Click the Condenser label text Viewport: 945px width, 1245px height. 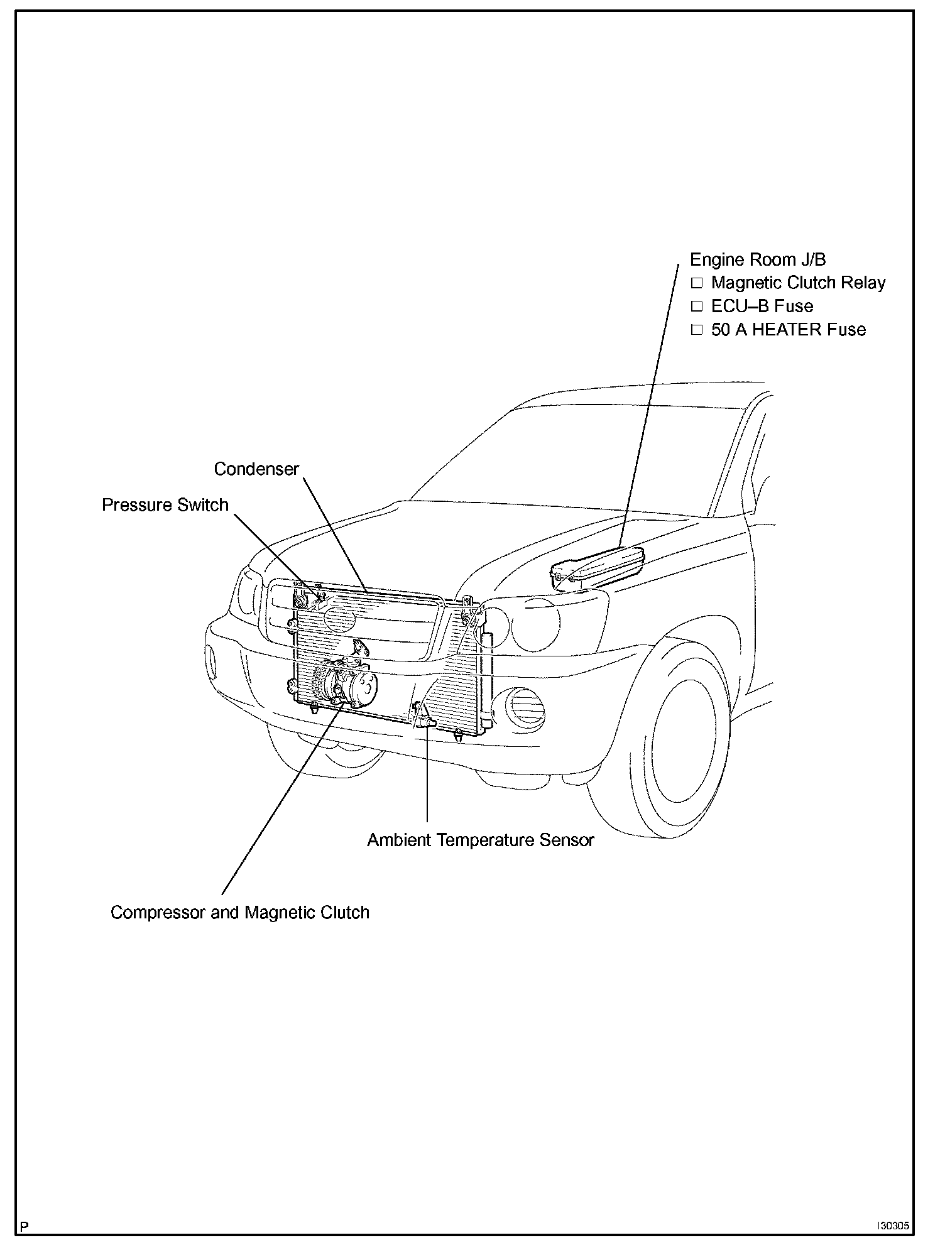[x=256, y=469]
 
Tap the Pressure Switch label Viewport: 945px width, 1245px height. [x=165, y=505]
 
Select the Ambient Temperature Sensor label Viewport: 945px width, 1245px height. [x=481, y=840]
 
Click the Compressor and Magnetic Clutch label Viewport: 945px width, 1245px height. [x=240, y=913]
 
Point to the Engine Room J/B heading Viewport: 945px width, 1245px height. [x=757, y=259]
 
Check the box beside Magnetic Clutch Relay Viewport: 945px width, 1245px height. [x=696, y=283]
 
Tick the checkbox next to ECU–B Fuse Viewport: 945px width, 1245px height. [x=696, y=307]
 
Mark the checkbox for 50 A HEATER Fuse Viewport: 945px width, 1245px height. [x=696, y=330]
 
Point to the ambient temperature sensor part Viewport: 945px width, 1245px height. [x=422, y=716]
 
